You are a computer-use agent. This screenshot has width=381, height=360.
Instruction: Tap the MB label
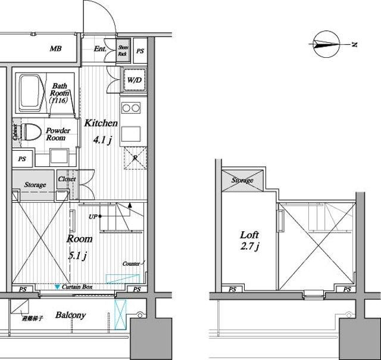coord(55,49)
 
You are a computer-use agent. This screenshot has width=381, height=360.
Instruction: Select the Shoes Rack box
coord(123,50)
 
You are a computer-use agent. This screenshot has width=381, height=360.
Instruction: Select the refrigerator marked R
coord(135,157)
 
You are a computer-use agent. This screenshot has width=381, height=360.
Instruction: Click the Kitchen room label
coord(100,123)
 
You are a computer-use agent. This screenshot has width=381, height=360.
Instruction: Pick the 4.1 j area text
coord(101,141)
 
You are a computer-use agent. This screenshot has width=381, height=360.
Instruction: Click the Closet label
coord(66,179)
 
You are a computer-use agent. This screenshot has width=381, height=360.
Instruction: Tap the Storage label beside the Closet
coord(35,185)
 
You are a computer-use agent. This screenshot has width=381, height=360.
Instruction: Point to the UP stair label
coord(93,216)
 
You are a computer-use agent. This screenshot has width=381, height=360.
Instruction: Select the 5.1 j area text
coord(78,256)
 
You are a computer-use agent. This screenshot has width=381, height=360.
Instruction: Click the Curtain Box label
coord(77,287)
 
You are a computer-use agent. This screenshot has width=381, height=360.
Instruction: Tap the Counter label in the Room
coord(130,263)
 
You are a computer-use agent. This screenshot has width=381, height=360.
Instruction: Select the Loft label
coord(249,234)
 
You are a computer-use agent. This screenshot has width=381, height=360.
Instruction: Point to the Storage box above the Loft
coord(242,180)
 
